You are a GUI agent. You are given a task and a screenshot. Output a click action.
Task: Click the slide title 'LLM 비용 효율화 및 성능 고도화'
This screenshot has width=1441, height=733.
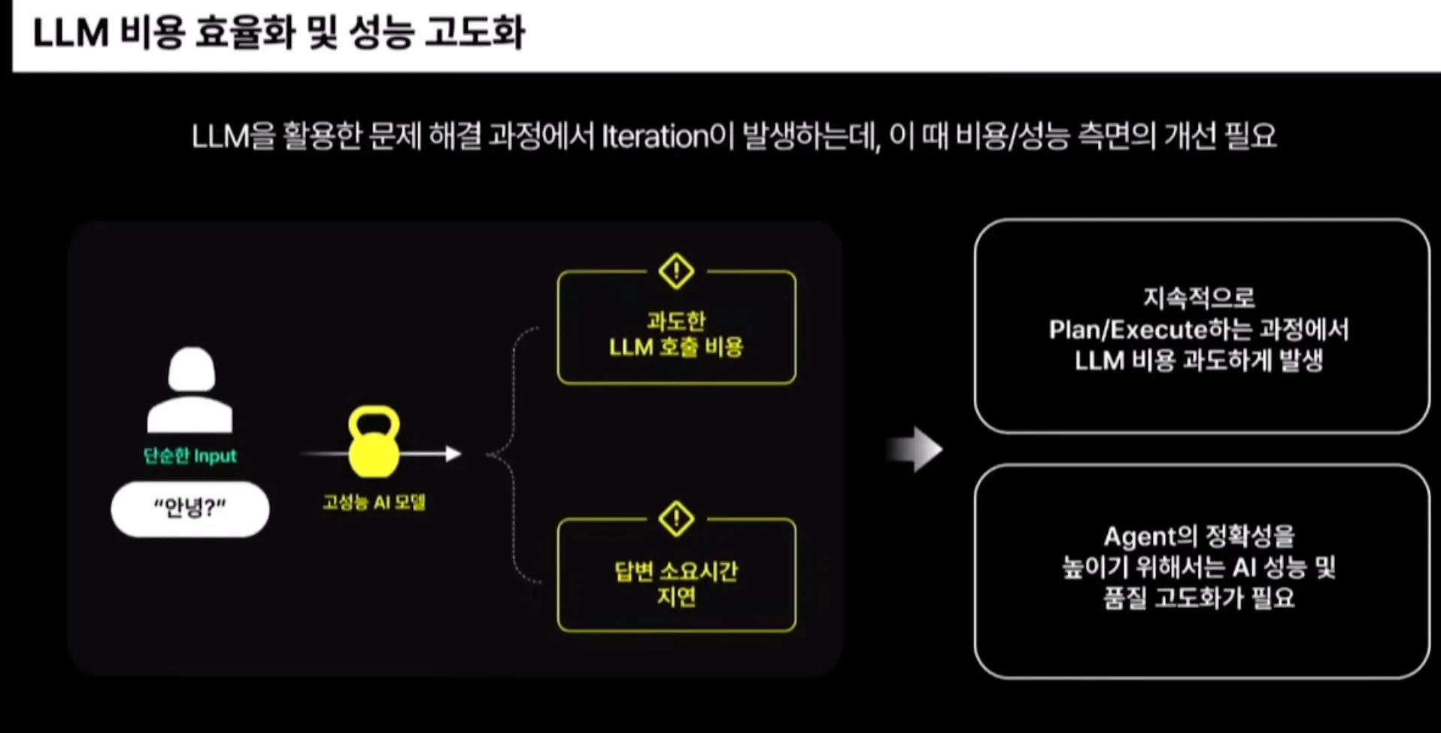point(278,33)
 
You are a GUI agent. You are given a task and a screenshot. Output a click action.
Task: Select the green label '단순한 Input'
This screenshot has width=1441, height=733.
point(190,455)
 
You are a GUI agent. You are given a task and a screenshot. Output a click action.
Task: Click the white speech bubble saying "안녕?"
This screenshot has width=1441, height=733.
point(190,509)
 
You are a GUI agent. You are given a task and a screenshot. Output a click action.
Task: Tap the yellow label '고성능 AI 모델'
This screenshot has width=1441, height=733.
point(374,502)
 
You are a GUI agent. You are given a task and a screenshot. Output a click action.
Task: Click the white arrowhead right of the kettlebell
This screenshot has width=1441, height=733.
point(453,453)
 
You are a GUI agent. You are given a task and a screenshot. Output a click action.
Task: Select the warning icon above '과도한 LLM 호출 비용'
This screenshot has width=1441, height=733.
point(676,271)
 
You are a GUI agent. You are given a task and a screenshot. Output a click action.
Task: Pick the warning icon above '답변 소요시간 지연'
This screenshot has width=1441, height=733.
point(676,519)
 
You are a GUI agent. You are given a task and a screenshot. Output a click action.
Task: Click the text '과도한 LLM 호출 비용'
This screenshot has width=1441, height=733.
point(676,334)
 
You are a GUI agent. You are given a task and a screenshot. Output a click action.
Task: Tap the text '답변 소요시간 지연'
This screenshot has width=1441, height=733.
point(676,583)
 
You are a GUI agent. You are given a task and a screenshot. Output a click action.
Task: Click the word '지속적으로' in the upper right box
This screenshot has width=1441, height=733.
point(1200,298)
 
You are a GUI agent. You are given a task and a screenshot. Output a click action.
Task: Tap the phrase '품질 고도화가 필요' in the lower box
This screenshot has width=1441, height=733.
point(1200,598)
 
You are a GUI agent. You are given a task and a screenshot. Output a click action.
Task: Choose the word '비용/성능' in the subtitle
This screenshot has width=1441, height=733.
point(1012,136)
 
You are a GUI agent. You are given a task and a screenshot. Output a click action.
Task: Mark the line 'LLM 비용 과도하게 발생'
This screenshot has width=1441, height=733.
point(1200,360)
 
